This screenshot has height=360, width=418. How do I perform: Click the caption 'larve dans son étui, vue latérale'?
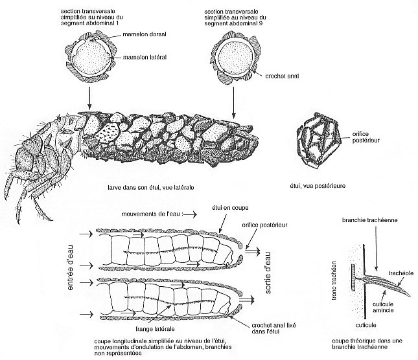click(151, 186)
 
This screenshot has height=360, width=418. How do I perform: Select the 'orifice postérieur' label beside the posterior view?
click(364, 135)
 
